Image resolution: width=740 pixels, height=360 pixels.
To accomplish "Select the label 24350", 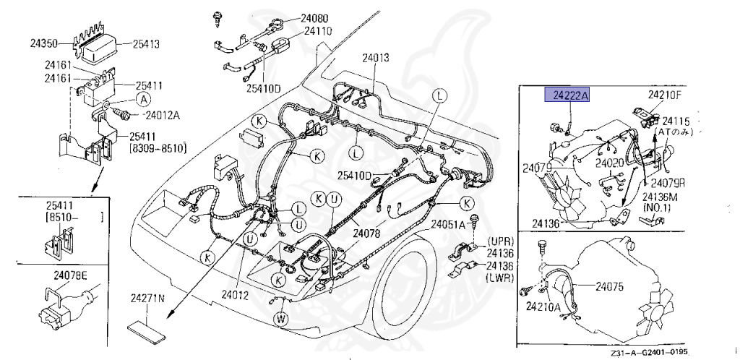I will [x=46, y=43].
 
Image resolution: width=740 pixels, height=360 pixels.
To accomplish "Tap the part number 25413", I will [x=147, y=43].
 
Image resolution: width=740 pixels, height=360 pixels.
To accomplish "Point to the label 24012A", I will [x=163, y=114].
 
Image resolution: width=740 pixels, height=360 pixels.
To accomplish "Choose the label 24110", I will [x=319, y=31].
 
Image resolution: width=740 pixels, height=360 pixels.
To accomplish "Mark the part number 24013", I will [x=376, y=57].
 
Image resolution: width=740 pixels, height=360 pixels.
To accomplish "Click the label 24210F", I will [x=664, y=94].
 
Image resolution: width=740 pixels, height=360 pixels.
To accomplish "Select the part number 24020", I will [x=609, y=163].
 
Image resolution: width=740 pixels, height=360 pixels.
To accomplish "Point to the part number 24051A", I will [x=449, y=225].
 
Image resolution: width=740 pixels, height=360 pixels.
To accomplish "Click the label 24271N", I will [x=147, y=298].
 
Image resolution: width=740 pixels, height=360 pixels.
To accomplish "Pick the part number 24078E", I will [x=70, y=275].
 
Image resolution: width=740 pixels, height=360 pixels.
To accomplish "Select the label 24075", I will [x=609, y=286].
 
